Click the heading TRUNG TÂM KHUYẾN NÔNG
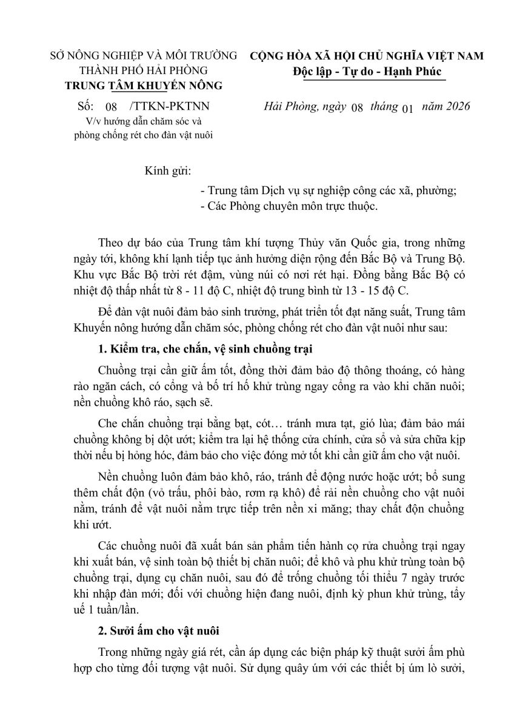tap(143, 86)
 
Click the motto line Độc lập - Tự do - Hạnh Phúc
tap(367, 72)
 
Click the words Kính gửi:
tap(168, 172)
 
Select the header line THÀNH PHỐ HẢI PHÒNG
tap(143, 70)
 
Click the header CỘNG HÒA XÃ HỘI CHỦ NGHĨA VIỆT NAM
tap(367, 56)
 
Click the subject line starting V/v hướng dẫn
tap(143, 120)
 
